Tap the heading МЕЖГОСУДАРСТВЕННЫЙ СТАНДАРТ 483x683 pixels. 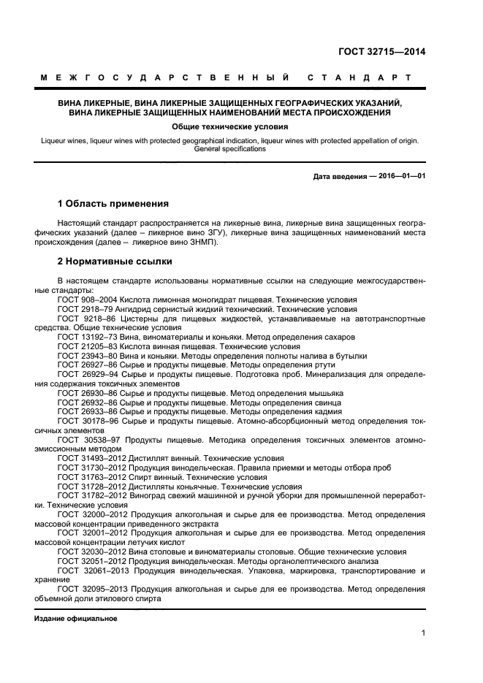pos(225,77)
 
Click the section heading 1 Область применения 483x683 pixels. pos(113,204)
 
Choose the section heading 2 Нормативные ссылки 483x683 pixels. pos(115,261)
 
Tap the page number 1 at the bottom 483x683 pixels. pos(423,633)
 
